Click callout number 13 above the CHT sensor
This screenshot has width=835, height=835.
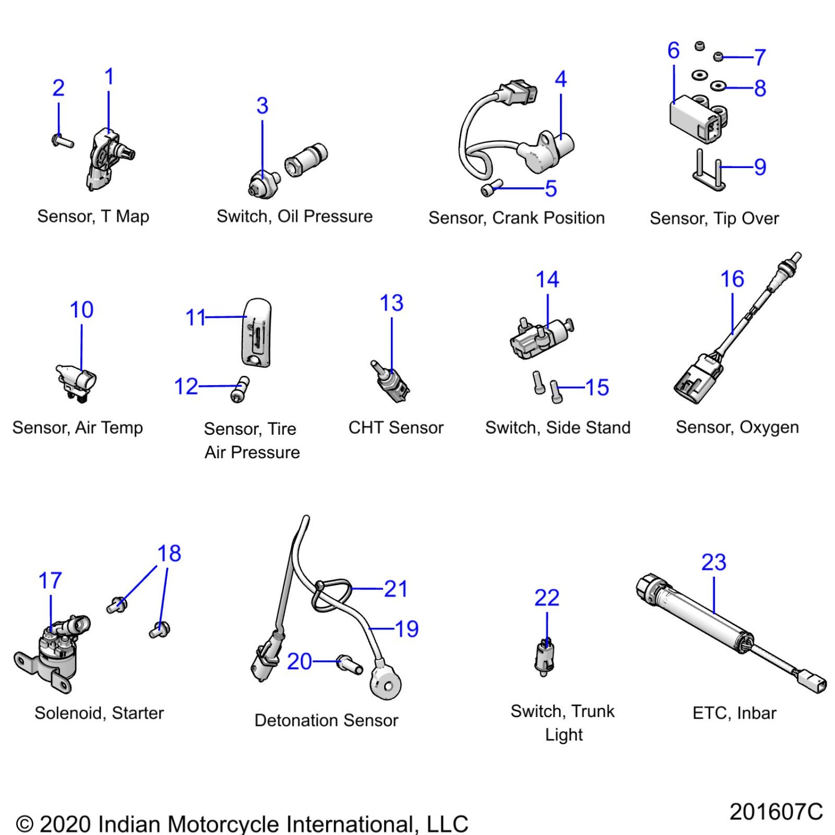tap(391, 303)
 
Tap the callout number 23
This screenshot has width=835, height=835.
tap(713, 562)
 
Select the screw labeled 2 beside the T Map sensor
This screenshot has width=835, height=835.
tap(62, 141)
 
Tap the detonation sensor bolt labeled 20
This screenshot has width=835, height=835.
tap(349, 664)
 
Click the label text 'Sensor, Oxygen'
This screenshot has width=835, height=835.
tap(737, 427)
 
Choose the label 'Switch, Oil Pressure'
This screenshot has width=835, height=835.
tap(295, 216)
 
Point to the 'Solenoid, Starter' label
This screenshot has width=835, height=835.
tap(99, 713)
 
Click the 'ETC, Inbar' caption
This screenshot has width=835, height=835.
tap(734, 713)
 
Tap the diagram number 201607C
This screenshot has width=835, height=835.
tap(776, 811)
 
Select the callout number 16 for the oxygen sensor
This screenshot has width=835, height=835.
tap(732, 279)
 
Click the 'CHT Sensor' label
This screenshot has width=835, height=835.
tap(395, 427)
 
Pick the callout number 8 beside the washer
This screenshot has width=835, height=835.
tap(760, 88)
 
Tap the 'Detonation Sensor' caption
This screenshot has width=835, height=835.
tap(326, 720)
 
